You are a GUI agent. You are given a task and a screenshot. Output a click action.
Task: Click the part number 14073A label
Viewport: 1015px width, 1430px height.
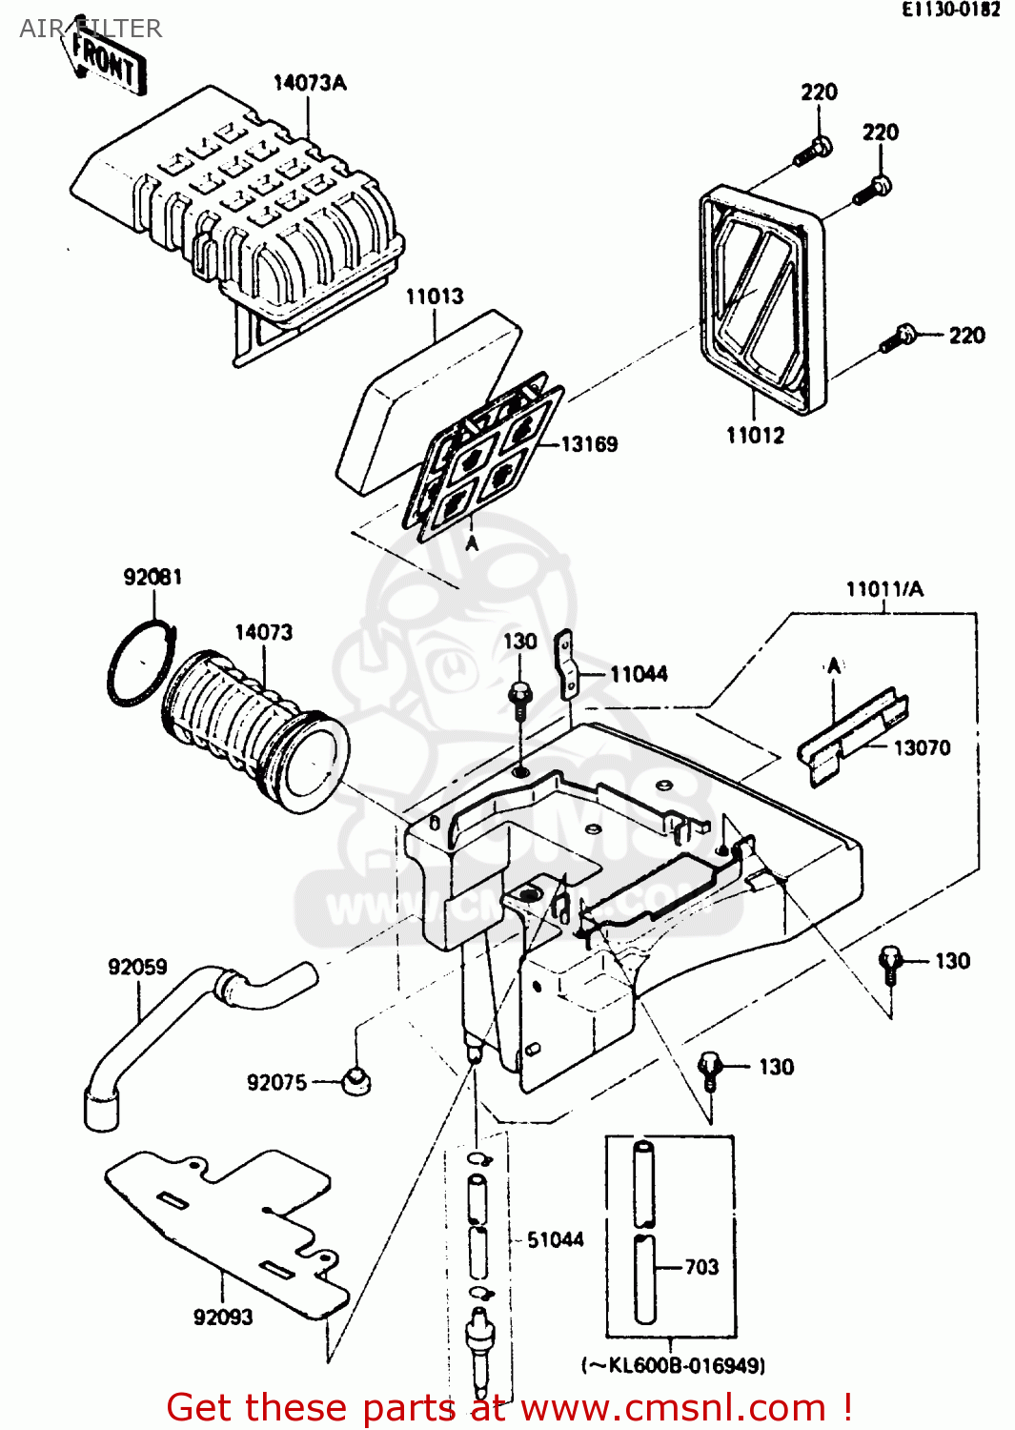309,83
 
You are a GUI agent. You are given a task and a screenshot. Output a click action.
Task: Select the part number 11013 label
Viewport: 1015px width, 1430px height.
434,296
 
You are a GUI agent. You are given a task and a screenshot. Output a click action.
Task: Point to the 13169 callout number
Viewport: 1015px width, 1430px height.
588,444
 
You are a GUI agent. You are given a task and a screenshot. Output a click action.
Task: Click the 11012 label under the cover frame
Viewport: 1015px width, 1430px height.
755,436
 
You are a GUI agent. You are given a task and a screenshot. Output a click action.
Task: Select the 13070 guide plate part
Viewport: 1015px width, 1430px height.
851,735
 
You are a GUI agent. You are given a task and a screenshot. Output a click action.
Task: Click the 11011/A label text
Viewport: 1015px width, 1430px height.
883,589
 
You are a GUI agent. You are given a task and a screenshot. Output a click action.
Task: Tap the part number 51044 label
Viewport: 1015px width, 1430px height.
555,1239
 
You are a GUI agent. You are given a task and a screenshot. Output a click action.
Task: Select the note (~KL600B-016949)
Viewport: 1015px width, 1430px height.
673,1365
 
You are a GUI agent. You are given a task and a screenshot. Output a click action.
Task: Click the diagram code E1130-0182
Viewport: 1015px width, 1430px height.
951,10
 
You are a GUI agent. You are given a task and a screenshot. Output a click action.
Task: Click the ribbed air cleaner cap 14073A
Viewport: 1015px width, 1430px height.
248,210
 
